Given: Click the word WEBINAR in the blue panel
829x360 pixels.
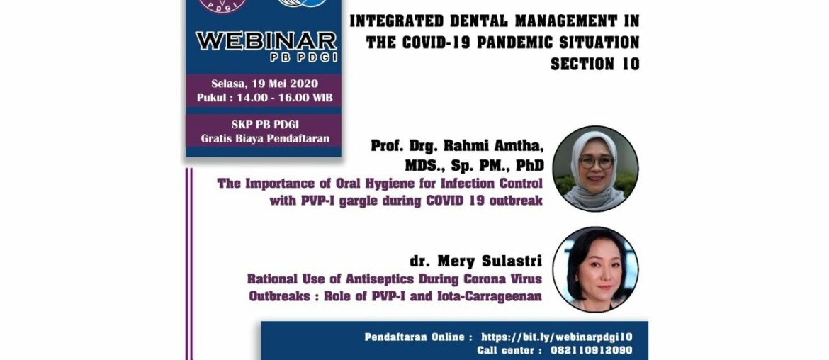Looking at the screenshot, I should (266, 41).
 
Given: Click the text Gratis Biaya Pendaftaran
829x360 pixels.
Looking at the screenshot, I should (264, 138).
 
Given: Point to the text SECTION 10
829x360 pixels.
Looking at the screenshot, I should (594, 64).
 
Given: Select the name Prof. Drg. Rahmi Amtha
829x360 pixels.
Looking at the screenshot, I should (457, 146).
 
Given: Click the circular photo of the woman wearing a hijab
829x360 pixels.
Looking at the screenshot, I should (595, 169).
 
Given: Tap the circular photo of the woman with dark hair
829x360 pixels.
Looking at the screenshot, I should (595, 270).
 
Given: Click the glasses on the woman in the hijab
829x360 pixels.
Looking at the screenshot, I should (596, 162).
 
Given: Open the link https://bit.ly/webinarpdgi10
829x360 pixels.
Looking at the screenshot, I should (556, 337).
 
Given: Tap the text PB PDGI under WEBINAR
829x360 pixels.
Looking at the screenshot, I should (266, 57).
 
